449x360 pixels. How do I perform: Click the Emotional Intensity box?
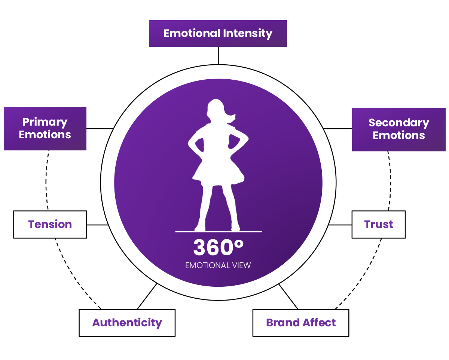pyautogui.click(x=218, y=33)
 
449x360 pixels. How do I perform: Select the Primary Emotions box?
pyautogui.click(x=45, y=128)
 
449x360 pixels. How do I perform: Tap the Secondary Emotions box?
pyautogui.click(x=399, y=129)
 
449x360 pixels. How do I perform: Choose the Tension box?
pyautogui.click(x=50, y=224)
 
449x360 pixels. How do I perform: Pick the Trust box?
pyautogui.click(x=379, y=224)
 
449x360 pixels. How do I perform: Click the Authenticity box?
pyautogui.click(x=127, y=323)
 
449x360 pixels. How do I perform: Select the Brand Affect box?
pyautogui.click(x=301, y=323)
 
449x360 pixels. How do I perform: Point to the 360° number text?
pyautogui.click(x=218, y=247)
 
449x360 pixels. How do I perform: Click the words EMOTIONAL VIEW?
pyautogui.click(x=218, y=265)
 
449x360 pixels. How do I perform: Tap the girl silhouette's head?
pyautogui.click(x=215, y=110)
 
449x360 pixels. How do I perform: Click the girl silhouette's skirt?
pyautogui.click(x=218, y=173)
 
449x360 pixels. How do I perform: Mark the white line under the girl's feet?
pyautogui.click(x=219, y=231)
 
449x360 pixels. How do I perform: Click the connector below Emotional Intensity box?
pyautogui.click(x=218, y=56)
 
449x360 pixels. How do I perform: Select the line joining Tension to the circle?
pyautogui.click(x=97, y=225)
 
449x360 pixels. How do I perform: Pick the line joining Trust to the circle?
pyautogui.click(x=340, y=225)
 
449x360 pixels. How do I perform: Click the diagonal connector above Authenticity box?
pyautogui.click(x=147, y=296)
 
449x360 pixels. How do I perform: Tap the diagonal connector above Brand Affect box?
pyautogui.click(x=288, y=296)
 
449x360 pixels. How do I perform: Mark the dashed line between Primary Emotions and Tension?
pyautogui.click(x=46, y=181)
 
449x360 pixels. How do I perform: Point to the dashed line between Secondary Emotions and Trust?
pyautogui.click(x=391, y=181)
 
